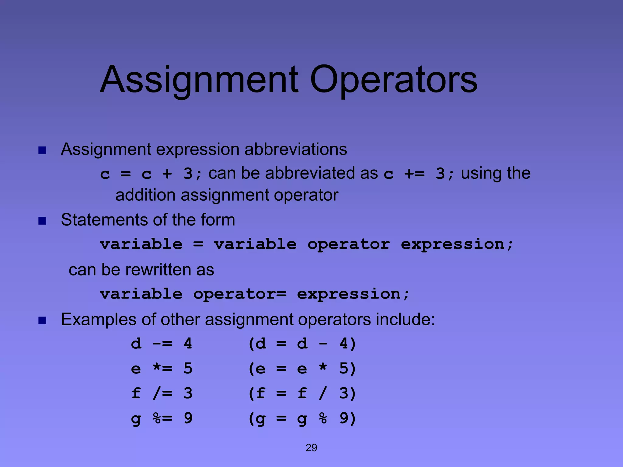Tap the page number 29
[x=311, y=448]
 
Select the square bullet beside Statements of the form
[x=42, y=221]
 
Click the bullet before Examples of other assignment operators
[x=42, y=320]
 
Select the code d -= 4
[x=162, y=344]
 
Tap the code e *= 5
[x=162, y=368]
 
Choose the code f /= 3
[x=162, y=393]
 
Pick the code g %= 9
[x=162, y=418]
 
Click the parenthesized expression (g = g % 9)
[x=302, y=418]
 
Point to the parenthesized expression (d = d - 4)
[x=302, y=344]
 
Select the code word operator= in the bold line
[x=240, y=294]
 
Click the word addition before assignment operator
[x=145, y=195]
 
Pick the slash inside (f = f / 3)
[x=323, y=393]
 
